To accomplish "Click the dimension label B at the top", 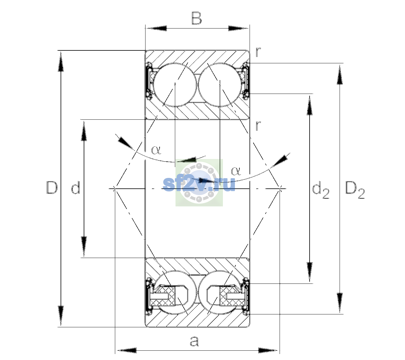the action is pyautogui.click(x=196, y=18).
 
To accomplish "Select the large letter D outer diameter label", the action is pyautogui.click(x=52, y=187).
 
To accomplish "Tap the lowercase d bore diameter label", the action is pyautogui.click(x=76, y=187).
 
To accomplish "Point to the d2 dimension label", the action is pyautogui.click(x=321, y=190).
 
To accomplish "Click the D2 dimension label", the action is pyautogui.click(x=355, y=190).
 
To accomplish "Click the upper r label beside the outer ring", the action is pyautogui.click(x=258, y=52).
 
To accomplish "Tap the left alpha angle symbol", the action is pyautogui.click(x=156, y=150).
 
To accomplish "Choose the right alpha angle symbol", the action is pyautogui.click(x=236, y=171).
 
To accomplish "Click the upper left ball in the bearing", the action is pyautogui.click(x=175, y=85).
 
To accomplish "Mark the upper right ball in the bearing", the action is pyautogui.click(x=220, y=85).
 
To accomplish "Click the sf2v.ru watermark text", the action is pyautogui.click(x=199, y=184).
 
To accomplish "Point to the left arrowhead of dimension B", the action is pyautogui.click(x=156, y=28).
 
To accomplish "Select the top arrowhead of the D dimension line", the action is pyautogui.click(x=61, y=61).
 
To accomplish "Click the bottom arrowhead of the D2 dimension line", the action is pyautogui.click(x=340, y=303).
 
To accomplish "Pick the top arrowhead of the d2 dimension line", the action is pyautogui.click(x=310, y=105).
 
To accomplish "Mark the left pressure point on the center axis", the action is pyautogui.click(x=115, y=188).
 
